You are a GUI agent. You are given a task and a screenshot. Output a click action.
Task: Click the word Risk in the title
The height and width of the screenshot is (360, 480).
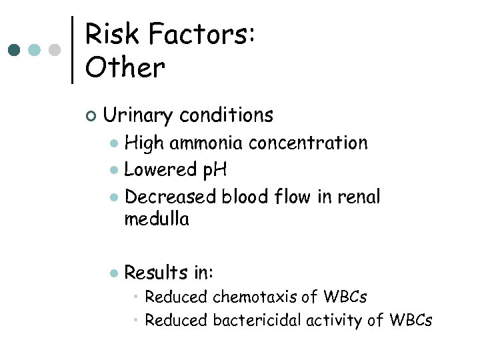point(109,34)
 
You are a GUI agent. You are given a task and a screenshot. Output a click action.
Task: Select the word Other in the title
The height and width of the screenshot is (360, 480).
point(125,67)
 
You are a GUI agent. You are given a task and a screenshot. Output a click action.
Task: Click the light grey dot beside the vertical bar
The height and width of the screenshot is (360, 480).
point(55,50)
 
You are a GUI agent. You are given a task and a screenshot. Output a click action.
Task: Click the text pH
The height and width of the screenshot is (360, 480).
point(215,170)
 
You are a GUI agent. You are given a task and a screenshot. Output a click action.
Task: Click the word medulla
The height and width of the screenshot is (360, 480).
point(157,219)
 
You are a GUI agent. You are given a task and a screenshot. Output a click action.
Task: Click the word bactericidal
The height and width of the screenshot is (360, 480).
point(257,320)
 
